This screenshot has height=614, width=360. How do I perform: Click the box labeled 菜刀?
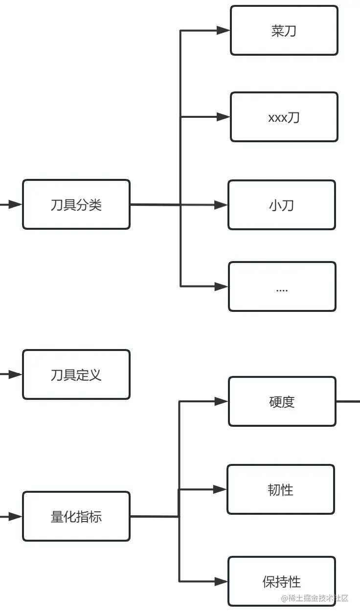coord(284,30)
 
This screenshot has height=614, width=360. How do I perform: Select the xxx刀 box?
coord(284,117)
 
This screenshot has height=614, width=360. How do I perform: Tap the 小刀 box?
coord(282,205)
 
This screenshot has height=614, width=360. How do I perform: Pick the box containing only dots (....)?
coord(282,286)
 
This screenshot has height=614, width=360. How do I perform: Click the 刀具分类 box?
coord(76,204)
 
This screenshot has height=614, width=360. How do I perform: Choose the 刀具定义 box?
coord(76,374)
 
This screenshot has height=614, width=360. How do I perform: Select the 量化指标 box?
coord(76,516)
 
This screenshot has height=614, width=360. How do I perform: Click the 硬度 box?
coord(282,401)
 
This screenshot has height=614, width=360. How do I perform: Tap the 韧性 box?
coord(281,489)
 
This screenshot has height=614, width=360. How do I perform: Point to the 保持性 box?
coord(282,581)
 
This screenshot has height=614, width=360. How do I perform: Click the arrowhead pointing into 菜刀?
coord(223,30)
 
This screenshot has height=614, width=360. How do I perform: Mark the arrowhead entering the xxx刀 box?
coord(223,117)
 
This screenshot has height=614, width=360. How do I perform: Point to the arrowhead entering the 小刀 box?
coord(221,205)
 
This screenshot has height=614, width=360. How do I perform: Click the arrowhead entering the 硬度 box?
coord(221,401)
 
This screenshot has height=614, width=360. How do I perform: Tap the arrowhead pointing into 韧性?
coord(220,489)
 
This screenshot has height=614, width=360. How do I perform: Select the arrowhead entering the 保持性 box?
coord(221,581)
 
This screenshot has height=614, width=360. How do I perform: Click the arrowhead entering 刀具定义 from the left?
coord(15,374)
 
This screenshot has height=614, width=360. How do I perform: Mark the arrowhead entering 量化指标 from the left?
coord(15,516)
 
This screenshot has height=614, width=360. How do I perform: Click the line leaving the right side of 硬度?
coord(348,401)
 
